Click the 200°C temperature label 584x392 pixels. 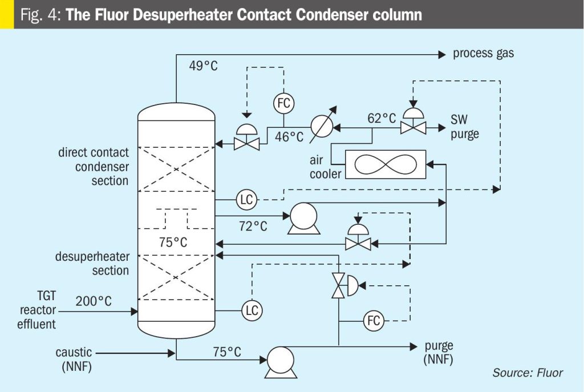coord(94,301)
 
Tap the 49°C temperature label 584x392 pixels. coord(204,66)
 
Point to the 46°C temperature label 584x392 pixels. coord(289,137)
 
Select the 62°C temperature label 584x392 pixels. coord(382,118)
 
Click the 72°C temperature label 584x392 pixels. coord(253,226)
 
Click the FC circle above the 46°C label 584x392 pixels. coord(284,103)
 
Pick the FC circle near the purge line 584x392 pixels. coord(374,321)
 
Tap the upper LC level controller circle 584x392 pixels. coord(247,200)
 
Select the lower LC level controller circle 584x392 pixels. coord(252,310)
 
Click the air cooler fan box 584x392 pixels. coord(386,164)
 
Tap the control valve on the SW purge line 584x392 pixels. coord(413,122)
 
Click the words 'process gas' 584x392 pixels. coord(484,54)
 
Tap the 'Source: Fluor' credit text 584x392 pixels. coord(528,373)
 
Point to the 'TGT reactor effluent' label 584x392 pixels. coord(36,310)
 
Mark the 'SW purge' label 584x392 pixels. coord(465,127)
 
